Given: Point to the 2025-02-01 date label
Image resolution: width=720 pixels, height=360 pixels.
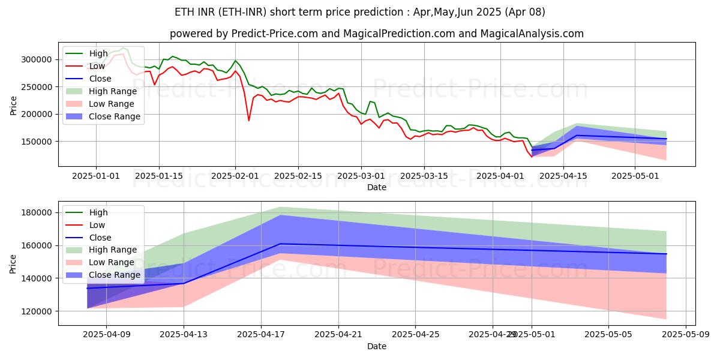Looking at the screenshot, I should (235, 176).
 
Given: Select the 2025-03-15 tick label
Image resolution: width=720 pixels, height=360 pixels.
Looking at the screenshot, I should (424, 176).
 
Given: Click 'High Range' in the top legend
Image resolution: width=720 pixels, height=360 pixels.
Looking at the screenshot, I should (112, 91).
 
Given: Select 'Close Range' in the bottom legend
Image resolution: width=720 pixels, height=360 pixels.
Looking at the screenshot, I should (114, 275).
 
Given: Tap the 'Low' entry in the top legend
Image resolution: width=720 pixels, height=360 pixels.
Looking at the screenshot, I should (97, 66).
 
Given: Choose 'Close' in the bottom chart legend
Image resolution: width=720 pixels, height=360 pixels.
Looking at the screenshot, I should (100, 238).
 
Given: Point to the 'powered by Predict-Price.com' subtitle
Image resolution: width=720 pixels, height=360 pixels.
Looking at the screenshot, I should (376, 34).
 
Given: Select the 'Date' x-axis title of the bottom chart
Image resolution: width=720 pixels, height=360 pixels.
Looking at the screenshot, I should (376, 346).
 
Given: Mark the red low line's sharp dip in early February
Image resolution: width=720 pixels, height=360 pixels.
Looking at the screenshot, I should (249, 121).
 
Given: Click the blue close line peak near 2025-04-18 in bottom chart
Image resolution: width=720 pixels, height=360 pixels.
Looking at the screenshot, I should (280, 244).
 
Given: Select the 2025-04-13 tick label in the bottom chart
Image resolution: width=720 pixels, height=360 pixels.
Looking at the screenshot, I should (184, 335).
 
